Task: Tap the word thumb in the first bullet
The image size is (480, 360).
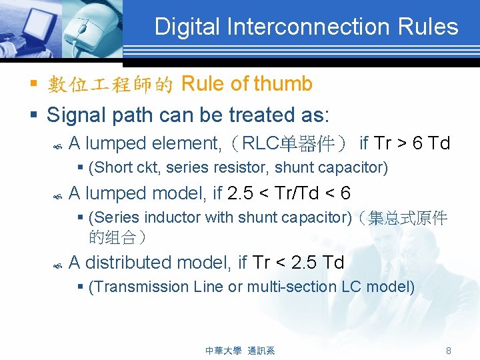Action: click(x=283, y=84)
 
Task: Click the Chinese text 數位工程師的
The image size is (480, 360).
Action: click(x=111, y=85)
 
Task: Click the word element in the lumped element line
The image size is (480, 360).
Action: click(x=183, y=143)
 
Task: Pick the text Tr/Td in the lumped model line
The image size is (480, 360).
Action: click(x=299, y=193)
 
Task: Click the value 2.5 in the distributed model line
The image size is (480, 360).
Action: click(x=304, y=263)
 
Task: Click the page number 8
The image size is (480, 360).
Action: click(x=449, y=351)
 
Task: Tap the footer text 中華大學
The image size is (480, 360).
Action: click(x=223, y=351)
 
